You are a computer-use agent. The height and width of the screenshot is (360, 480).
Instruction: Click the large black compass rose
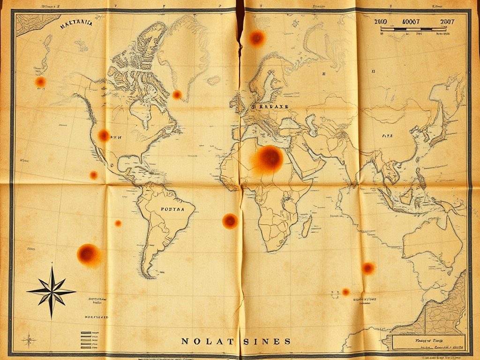click(52, 292)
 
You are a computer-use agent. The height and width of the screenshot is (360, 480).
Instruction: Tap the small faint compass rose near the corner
click(29, 339)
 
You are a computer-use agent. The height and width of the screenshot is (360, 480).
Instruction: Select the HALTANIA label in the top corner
click(76, 27)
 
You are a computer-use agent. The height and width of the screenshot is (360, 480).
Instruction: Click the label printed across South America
click(171, 209)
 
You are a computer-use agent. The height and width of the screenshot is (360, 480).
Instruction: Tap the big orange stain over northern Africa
click(269, 158)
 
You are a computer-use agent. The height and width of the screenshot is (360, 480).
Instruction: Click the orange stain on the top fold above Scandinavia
click(256, 38)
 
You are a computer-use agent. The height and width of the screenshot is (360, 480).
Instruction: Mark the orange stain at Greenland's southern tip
click(177, 95)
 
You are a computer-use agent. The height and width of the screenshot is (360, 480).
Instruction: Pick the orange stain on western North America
click(104, 135)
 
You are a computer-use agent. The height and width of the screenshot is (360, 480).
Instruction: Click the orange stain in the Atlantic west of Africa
click(230, 221)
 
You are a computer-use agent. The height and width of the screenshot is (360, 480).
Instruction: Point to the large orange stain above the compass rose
click(88, 254)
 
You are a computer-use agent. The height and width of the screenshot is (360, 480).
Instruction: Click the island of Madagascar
click(307, 226)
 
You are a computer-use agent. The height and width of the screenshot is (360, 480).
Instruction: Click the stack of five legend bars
click(86, 340)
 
